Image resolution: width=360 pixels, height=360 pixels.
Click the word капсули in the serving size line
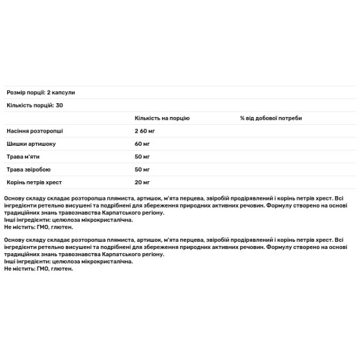click(64, 92)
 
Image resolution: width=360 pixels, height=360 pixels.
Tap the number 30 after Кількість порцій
click(59, 105)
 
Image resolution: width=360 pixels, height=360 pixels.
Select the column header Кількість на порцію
click(162, 118)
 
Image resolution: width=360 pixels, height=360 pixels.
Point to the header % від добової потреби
click(271, 118)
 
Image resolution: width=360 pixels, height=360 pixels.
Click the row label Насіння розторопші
click(34, 131)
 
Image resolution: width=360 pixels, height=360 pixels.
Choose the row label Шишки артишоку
click(30, 143)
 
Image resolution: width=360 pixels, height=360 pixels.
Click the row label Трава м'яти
click(23, 156)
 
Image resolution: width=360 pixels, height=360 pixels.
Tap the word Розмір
click(17, 92)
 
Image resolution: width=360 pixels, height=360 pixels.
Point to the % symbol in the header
click(242, 118)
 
